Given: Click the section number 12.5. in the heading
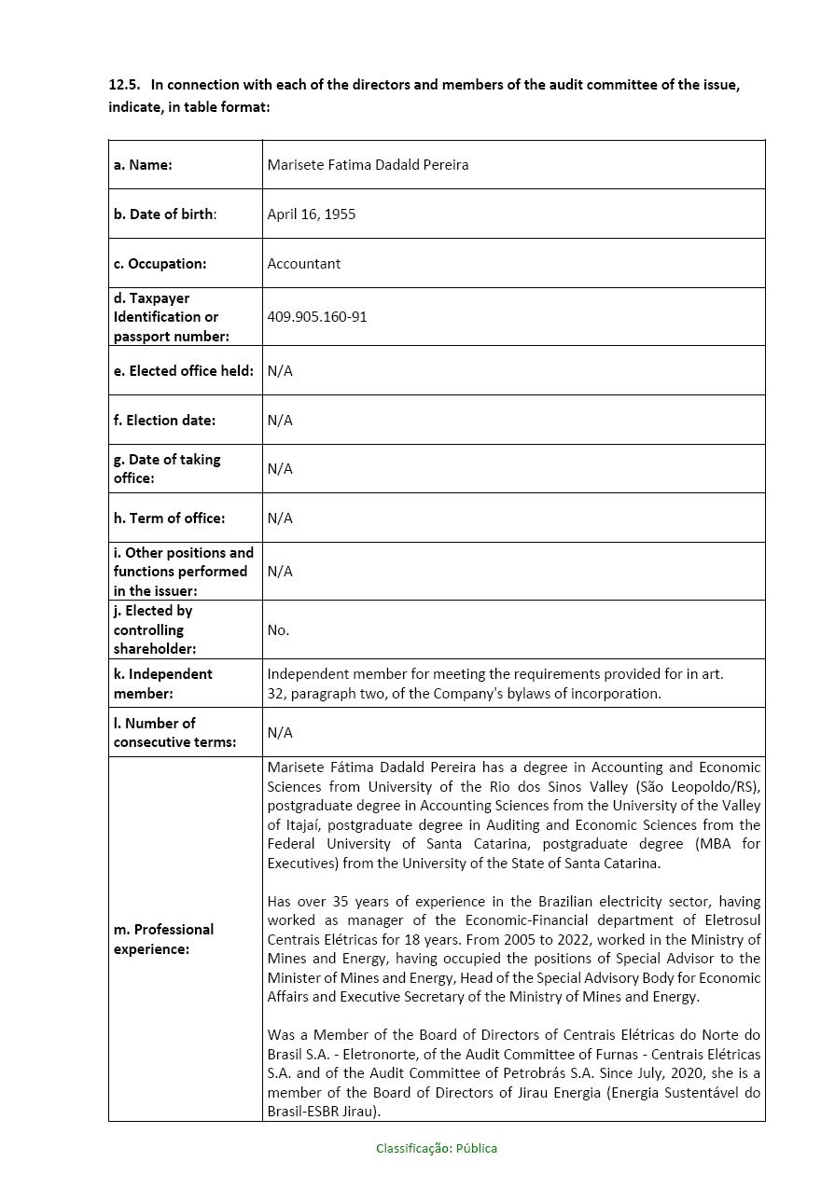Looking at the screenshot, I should tap(124, 85).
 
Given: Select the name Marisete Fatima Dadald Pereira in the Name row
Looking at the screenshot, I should tap(368, 165).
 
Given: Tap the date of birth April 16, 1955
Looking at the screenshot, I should tap(311, 214).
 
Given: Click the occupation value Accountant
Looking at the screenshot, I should tap(303, 264).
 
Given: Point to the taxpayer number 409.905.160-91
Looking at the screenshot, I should tap(316, 317).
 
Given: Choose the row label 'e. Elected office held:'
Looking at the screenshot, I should tap(183, 371).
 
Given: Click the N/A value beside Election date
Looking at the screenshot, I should tap(279, 421).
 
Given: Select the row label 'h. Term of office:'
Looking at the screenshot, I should tap(169, 518).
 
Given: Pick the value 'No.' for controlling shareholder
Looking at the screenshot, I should tap(278, 630).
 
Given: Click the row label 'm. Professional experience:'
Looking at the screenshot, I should tap(163, 939).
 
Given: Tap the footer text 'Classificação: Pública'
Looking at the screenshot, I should tap(437, 1149).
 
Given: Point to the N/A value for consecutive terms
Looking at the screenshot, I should tap(279, 733).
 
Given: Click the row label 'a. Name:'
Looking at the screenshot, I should tap(143, 165).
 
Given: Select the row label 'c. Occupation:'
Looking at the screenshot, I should tap(160, 264).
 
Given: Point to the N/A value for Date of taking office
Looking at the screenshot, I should tap(279, 469).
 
